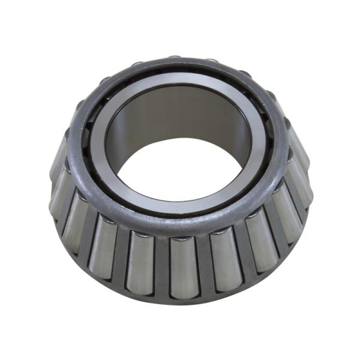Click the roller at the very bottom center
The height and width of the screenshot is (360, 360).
[x=183, y=267]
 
